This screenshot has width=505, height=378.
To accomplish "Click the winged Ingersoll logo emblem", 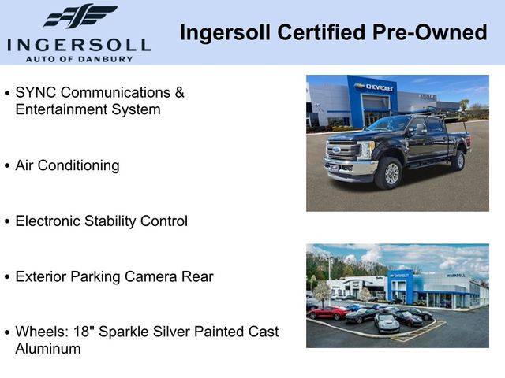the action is tap(80, 16).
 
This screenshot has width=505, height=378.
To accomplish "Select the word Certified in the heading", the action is tap(321, 32).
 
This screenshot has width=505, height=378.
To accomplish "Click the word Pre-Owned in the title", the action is tap(429, 32).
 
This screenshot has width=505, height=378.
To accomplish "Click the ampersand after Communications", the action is tap(179, 93).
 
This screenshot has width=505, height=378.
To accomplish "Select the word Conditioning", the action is tap(79, 166).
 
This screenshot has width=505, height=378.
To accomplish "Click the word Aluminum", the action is tap(48, 349).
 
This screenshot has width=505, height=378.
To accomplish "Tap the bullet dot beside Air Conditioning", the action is tap(7, 166).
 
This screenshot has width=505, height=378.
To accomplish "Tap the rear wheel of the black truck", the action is tap(458, 160).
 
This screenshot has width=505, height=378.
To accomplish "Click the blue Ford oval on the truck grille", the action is tap(337, 150).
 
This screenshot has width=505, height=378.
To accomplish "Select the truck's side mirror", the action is tap(421, 129).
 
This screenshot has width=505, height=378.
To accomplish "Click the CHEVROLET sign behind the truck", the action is tap(376, 87).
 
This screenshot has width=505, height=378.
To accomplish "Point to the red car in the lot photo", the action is tap(328, 313).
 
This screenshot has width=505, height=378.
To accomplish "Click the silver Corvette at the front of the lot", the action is tap(387, 323).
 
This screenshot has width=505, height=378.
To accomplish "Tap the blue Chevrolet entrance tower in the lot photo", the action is tap(400, 287).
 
